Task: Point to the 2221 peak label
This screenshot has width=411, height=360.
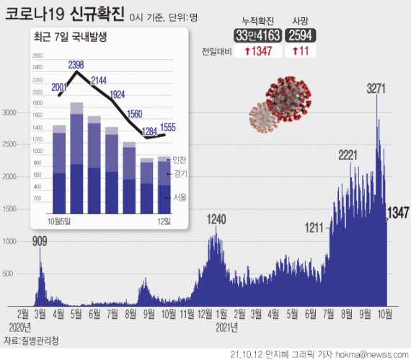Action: (353, 155)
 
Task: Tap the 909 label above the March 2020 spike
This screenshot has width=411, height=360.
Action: (41, 242)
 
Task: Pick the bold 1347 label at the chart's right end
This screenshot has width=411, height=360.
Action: (398, 212)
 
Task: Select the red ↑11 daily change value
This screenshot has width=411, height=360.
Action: (300, 52)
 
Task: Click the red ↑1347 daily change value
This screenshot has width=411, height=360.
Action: (257, 52)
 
